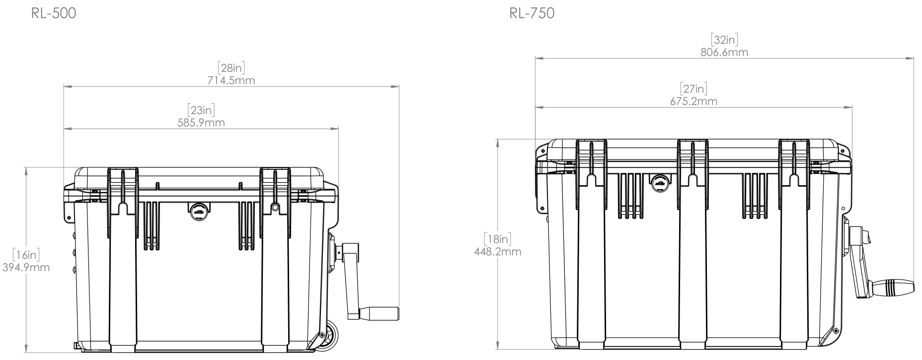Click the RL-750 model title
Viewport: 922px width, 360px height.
coord(532,14)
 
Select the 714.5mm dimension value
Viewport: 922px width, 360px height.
coord(231,80)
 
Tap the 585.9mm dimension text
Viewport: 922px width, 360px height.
coord(201,123)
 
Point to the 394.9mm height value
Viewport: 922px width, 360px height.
coord(26,268)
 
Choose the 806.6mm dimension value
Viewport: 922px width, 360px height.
coord(724,52)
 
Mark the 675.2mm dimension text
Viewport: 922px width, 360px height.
coord(693,101)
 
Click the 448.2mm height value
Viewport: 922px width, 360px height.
coord(498,251)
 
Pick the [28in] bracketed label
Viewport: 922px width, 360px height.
coord(231,68)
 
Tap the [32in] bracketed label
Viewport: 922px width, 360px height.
coord(724,40)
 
